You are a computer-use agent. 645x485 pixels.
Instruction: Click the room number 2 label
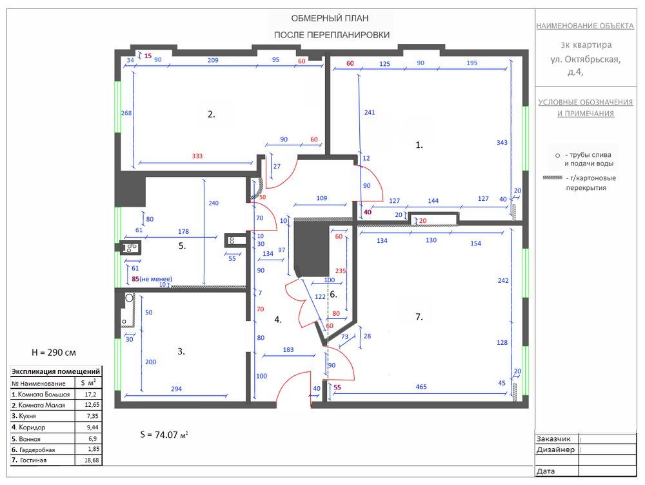pyautogui.click(x=211, y=114)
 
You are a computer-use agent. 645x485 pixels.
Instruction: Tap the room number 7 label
pyautogui.click(x=419, y=316)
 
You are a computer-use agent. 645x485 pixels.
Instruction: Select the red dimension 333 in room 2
pyautogui.click(x=197, y=156)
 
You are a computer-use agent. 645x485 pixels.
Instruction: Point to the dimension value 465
pyautogui.click(x=421, y=387)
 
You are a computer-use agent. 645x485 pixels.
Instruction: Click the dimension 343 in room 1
pyautogui.click(x=502, y=143)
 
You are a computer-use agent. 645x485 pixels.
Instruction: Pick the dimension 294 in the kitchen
pyautogui.click(x=177, y=389)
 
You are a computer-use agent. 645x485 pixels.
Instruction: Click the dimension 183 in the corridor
pyautogui.click(x=288, y=349)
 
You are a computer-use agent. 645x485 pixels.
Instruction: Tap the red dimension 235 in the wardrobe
pyautogui.click(x=341, y=271)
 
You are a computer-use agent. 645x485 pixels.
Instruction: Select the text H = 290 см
pyautogui.click(x=54, y=353)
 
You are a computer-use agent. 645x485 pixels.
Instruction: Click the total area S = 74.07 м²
pyautogui.click(x=164, y=435)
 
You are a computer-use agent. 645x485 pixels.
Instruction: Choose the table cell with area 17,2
pyautogui.click(x=90, y=394)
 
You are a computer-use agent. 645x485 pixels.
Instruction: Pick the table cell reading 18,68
pyautogui.click(x=92, y=460)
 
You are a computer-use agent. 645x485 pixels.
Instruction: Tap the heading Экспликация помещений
pyautogui.click(x=55, y=371)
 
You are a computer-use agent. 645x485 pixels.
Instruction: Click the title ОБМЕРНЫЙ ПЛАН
pyautogui.click(x=330, y=18)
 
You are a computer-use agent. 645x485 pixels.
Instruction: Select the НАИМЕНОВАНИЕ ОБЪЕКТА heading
pyautogui.click(x=585, y=26)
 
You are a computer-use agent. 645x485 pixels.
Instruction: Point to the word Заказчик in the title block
pyautogui.click(x=553, y=439)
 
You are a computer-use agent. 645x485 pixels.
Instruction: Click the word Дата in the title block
pyautogui.click(x=546, y=471)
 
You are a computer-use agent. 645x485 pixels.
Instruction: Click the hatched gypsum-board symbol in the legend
pyautogui.click(x=553, y=178)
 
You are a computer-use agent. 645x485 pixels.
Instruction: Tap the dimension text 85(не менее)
pyautogui.click(x=152, y=279)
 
